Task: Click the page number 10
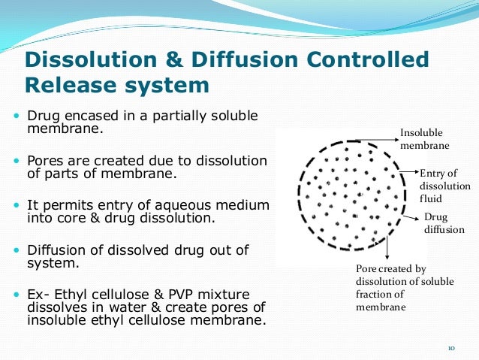click(x=451, y=348)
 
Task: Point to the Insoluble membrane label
click(x=424, y=138)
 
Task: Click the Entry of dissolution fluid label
click(x=444, y=186)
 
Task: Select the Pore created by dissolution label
click(x=390, y=288)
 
